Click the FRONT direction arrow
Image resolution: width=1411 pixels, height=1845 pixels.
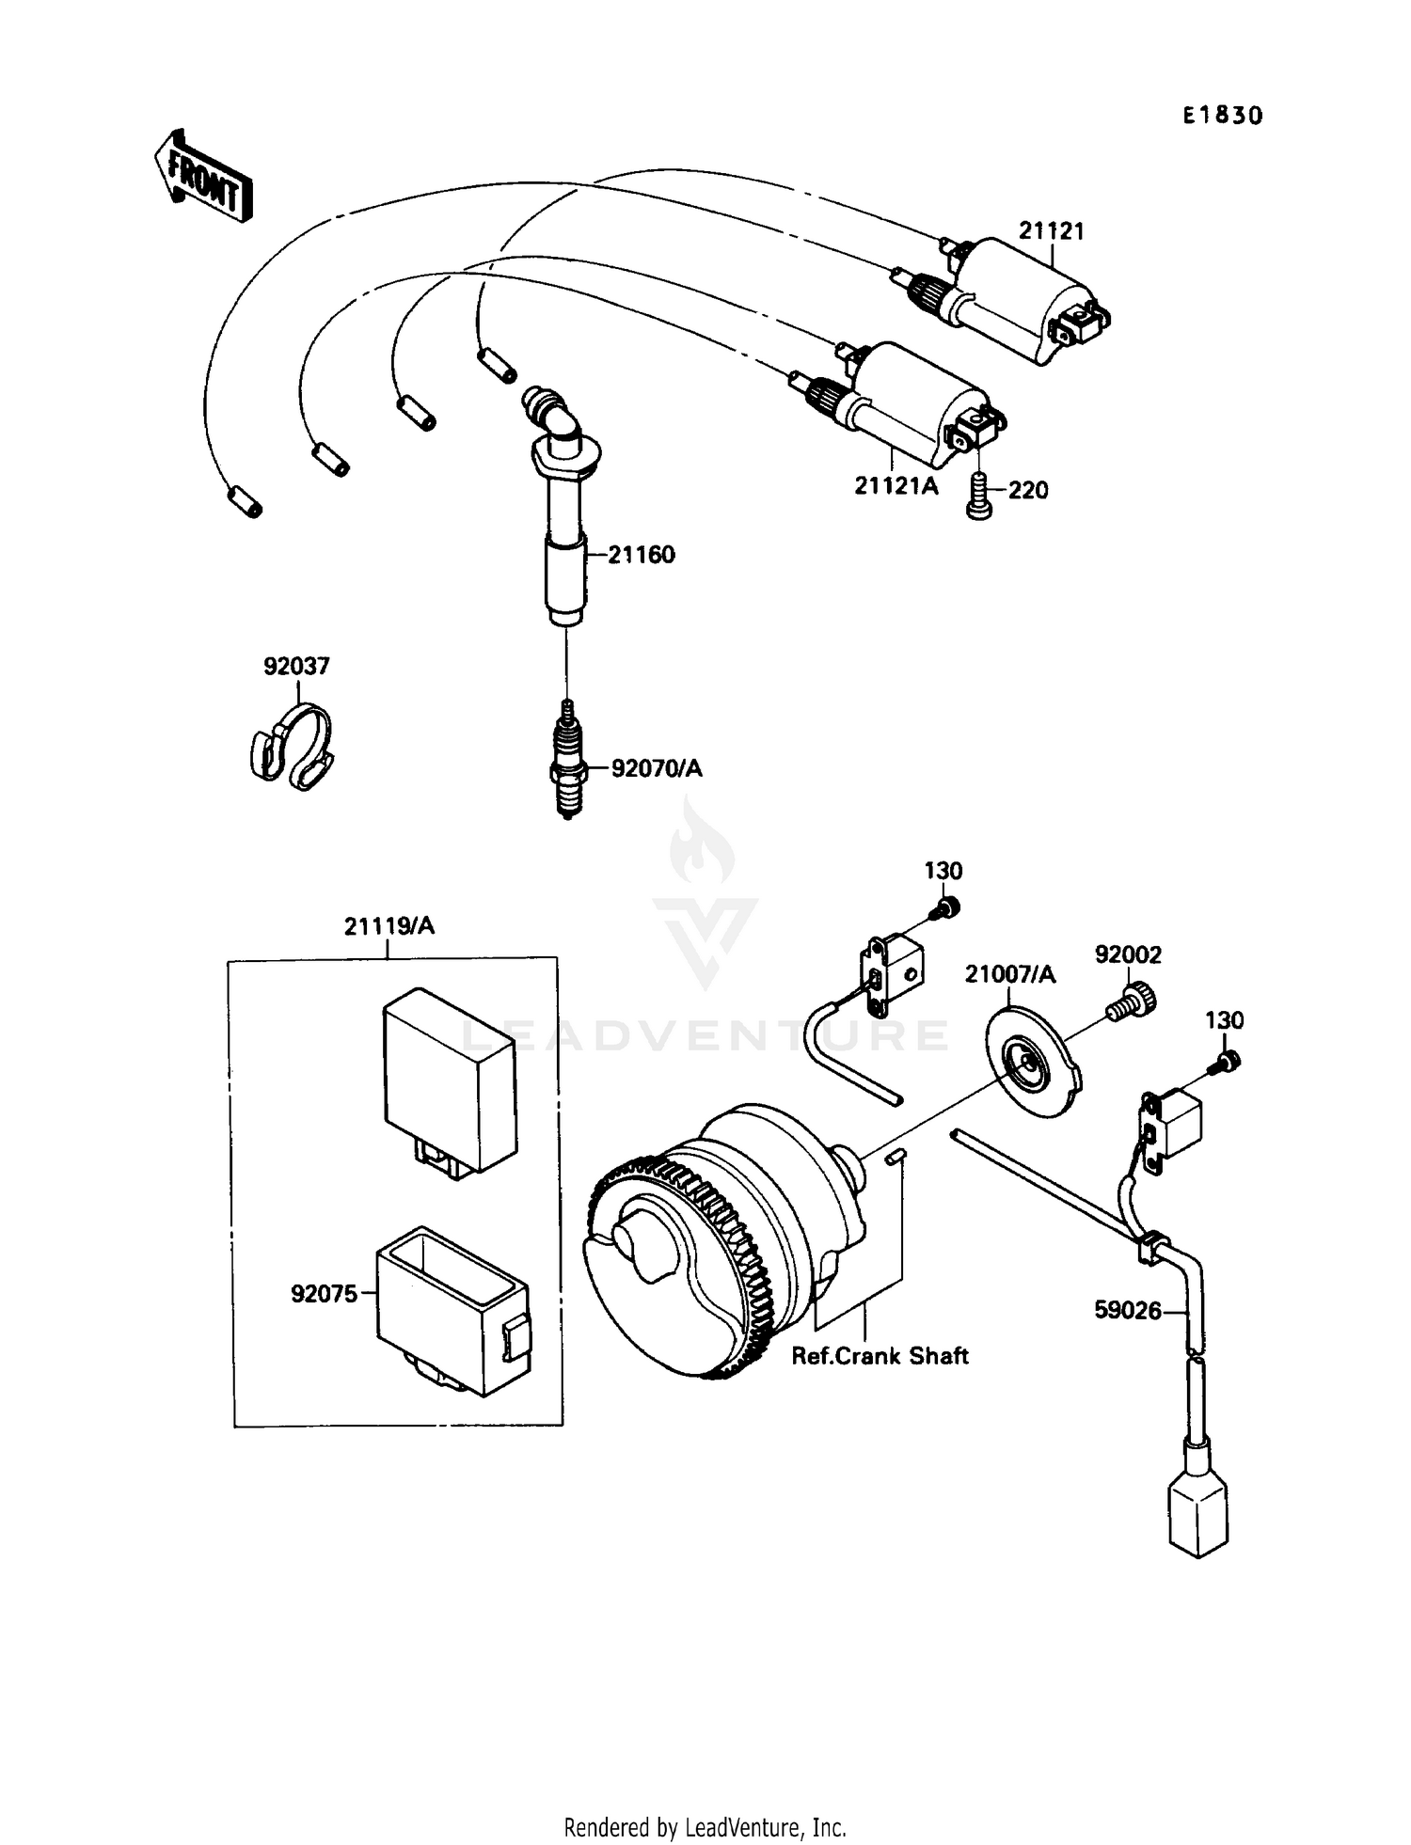[203, 175]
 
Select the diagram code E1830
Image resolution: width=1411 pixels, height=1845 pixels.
[1222, 116]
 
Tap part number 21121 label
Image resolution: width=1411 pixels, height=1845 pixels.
[1051, 231]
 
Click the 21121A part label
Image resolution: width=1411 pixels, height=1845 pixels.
[896, 487]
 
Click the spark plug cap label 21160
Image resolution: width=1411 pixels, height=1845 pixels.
[641, 555]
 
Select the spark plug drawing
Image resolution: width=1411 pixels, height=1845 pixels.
[567, 760]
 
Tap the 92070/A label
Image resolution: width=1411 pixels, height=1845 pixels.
[657, 769]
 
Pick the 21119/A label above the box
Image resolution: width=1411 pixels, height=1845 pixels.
[389, 926]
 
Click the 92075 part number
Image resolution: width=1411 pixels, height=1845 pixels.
[324, 1295]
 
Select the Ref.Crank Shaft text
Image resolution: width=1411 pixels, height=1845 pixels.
[880, 1356]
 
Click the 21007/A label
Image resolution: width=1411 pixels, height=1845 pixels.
[1010, 975]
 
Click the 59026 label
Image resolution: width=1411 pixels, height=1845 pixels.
[1127, 1310]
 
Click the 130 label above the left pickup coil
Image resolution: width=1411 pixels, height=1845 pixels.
[943, 871]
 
